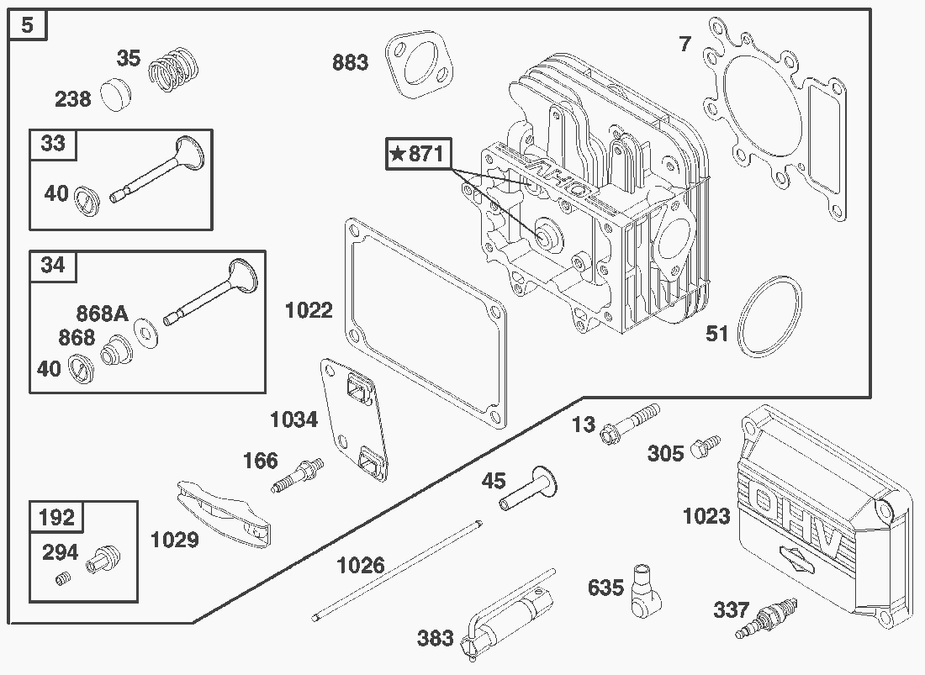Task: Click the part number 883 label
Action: click(x=350, y=62)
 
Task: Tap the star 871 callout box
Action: click(x=418, y=154)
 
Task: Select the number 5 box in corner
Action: click(x=28, y=25)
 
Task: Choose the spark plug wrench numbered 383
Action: click(x=509, y=614)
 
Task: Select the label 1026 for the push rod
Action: click(x=360, y=565)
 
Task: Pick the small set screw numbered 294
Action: click(x=61, y=578)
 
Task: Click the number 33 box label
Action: click(x=52, y=144)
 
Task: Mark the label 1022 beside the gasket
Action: click(x=309, y=310)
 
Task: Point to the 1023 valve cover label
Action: click(x=706, y=516)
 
